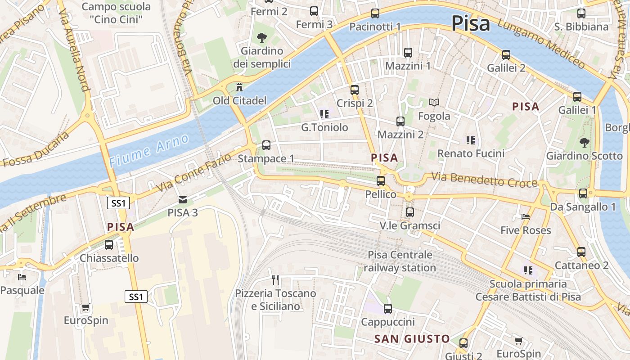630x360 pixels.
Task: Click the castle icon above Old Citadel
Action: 238,87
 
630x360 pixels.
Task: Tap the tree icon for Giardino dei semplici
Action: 261,38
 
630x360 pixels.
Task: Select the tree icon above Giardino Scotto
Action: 584,143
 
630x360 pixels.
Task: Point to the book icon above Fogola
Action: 434,103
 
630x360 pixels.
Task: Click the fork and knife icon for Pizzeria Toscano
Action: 275,280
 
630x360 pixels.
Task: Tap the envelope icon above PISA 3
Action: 182,199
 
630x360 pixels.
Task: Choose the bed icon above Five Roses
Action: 525,217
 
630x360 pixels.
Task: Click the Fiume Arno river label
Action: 149,150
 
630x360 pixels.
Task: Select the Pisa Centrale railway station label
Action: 400,261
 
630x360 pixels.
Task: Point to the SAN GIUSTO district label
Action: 412,339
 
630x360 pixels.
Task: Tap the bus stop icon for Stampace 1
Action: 266,145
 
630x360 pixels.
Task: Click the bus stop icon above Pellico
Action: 381,181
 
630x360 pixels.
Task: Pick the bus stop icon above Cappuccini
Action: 387,309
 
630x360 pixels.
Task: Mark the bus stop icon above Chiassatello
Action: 109,245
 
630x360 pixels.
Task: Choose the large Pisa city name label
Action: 470,23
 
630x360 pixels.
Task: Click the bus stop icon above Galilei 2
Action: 506,55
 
